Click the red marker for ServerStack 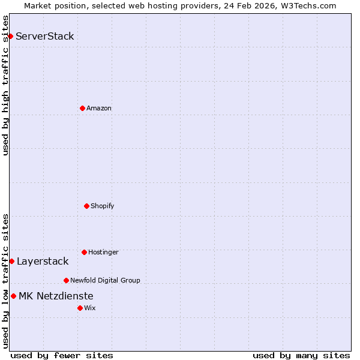pos(10,36)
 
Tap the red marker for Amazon pos(82,108)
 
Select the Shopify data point pos(86,206)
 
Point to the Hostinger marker pos(84,252)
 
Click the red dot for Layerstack pos(11,261)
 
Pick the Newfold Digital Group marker pos(66,280)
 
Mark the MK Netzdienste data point pos(13,296)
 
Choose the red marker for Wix pos(80,308)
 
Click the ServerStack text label pos(45,36)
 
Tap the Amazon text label pos(99,108)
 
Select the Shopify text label pos(103,206)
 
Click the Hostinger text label pos(103,252)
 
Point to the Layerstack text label pos(43,261)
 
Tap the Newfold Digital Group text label pos(105,280)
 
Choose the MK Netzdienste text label pos(56,296)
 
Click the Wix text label pos(90,308)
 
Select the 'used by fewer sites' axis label pos(62,355)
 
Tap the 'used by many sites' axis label pos(301,355)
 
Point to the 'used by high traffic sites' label pos(5,85)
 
